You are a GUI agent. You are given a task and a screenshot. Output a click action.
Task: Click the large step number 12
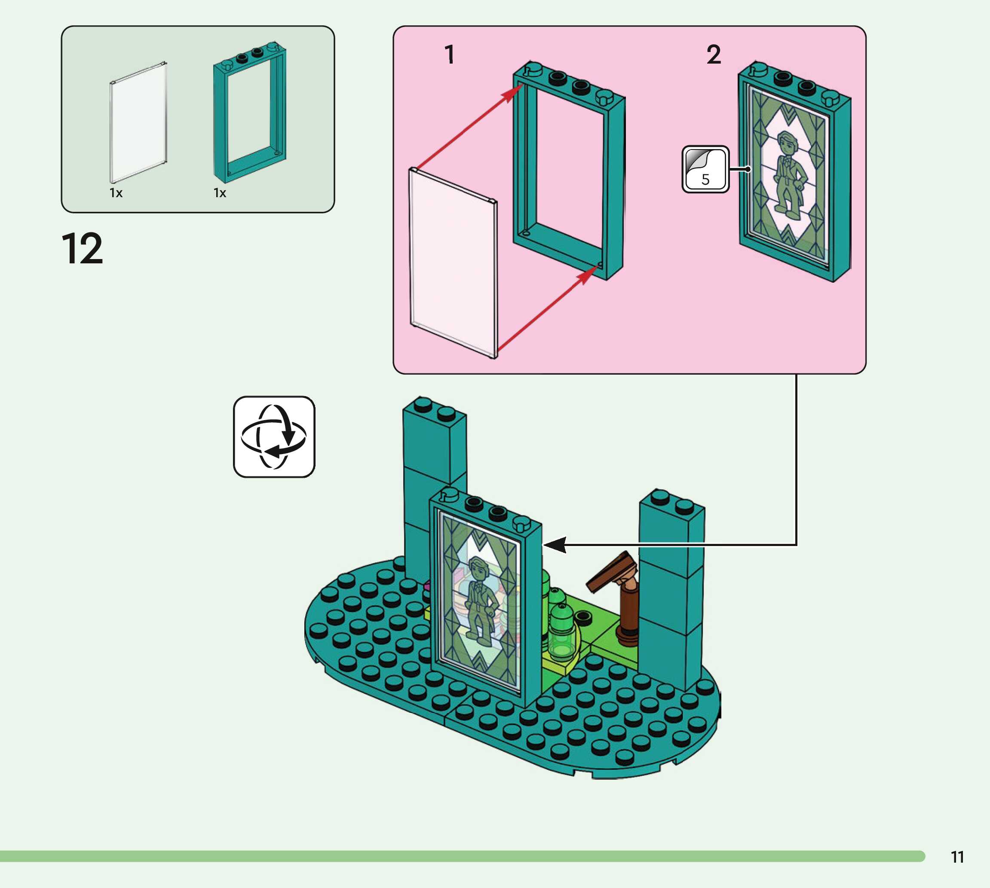pyautogui.click(x=83, y=249)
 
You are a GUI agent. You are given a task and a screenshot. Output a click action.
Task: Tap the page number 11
pyautogui.click(x=957, y=857)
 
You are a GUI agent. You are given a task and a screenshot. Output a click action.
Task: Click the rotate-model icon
pyautogui.click(x=274, y=436)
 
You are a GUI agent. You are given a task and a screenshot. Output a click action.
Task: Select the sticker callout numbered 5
pyautogui.click(x=705, y=169)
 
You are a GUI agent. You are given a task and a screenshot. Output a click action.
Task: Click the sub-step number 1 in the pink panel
pyautogui.click(x=450, y=54)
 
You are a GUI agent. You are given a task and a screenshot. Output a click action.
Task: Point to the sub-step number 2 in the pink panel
pyautogui.click(x=714, y=54)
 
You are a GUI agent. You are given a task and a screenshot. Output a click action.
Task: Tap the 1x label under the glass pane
pyautogui.click(x=116, y=193)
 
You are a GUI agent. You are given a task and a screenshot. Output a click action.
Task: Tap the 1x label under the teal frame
pyautogui.click(x=220, y=193)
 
